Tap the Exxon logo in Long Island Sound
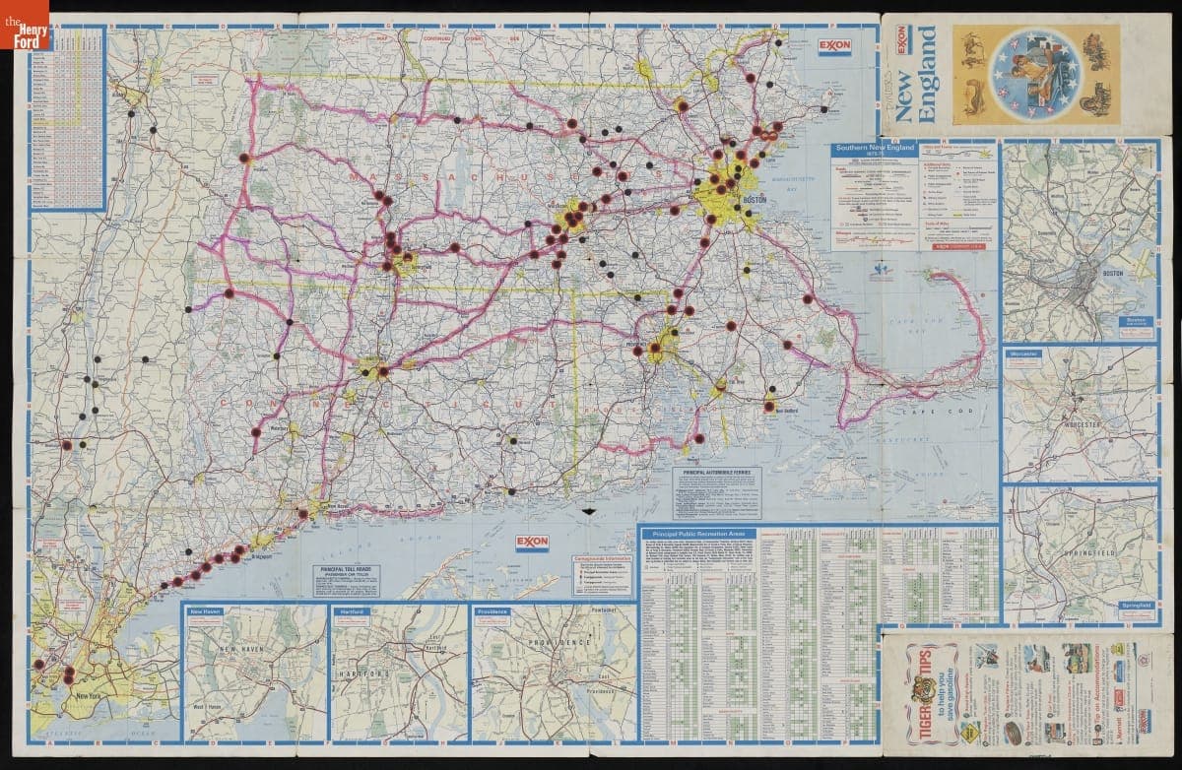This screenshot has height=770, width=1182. (532, 544)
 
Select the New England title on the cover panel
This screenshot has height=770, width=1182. (925, 75)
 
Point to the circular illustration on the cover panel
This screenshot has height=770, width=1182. (1033, 74)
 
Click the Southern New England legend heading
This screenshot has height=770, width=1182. (875, 149)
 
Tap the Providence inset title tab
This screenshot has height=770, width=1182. (493, 611)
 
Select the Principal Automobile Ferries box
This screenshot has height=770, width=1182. (718, 491)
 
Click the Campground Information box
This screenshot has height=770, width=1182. (601, 575)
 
